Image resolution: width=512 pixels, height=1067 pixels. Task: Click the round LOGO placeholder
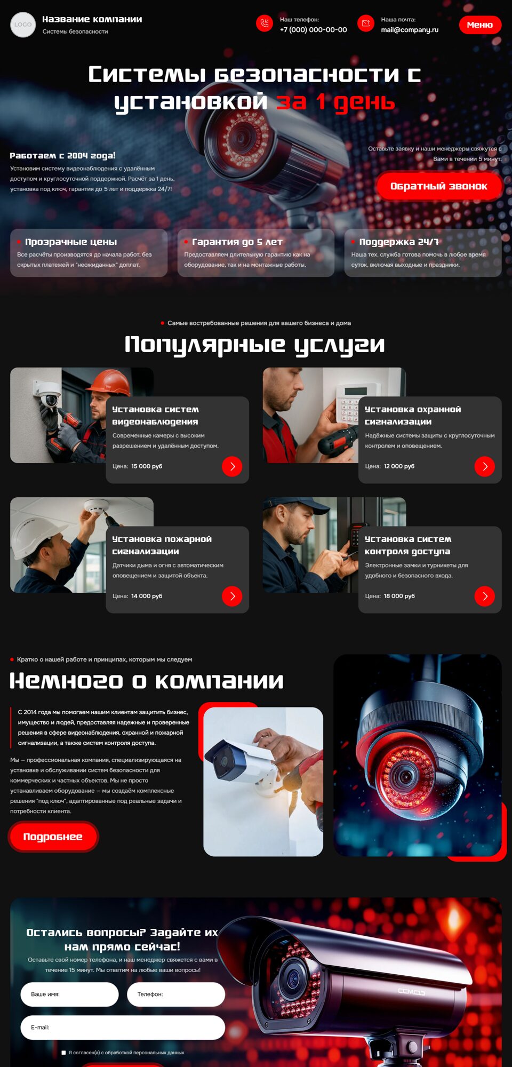pos(23,25)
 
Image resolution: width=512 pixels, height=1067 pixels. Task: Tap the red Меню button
pos(480,25)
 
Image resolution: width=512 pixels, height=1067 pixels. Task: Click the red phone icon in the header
pos(265,23)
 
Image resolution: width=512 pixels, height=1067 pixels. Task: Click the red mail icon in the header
pos(366,23)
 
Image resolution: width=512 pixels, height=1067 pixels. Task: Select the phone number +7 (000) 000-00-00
pos(314,30)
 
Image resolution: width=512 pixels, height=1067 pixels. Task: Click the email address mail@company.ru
pos(410,30)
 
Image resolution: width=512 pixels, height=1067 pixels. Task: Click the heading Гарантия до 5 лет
pos(237,242)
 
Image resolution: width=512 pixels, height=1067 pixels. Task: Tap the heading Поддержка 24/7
pos(399,242)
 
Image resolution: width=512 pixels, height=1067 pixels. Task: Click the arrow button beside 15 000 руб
pos(232,466)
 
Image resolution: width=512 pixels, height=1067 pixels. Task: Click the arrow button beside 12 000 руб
pos(485,466)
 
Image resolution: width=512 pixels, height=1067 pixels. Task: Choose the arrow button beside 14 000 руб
pos(232,596)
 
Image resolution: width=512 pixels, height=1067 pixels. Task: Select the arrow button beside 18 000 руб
pos(485,596)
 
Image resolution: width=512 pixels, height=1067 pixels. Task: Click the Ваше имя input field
pos(69,994)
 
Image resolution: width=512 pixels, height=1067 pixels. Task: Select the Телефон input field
pos(176,994)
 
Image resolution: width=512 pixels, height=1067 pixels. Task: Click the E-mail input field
pos(123,1028)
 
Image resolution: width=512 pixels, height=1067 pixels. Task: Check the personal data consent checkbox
pos(63,1053)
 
